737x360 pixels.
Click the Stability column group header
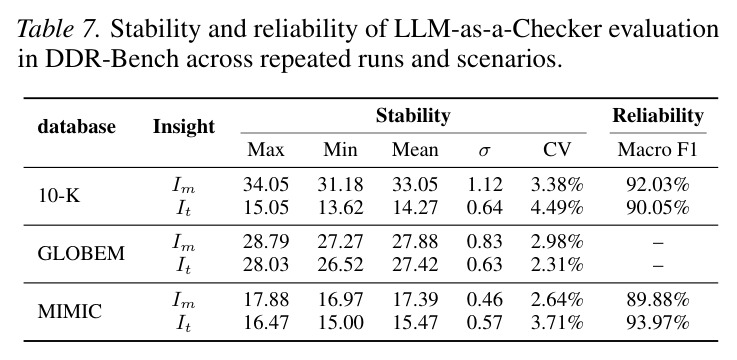pyautogui.click(x=413, y=116)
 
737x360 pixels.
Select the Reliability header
pyautogui.click(x=658, y=116)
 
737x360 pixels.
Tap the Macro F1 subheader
pyautogui.click(x=658, y=149)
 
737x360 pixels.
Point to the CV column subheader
pyautogui.click(x=557, y=149)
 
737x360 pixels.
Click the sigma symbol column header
pyautogui.click(x=484, y=151)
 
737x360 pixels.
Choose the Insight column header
pyautogui.click(x=184, y=127)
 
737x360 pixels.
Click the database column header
pyautogui.click(x=77, y=127)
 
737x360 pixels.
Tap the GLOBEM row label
pyautogui.click(x=81, y=254)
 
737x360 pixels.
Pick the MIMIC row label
pyautogui.click(x=70, y=312)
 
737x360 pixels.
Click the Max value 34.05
pyautogui.click(x=266, y=185)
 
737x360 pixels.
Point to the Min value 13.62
pyautogui.click(x=340, y=207)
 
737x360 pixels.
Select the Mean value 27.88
pyautogui.click(x=415, y=243)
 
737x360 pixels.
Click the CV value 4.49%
pyautogui.click(x=557, y=207)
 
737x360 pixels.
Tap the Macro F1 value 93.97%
pyautogui.click(x=658, y=323)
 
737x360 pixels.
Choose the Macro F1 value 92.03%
pyautogui.click(x=658, y=185)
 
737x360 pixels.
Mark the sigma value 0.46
pyautogui.click(x=485, y=300)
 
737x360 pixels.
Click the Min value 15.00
pyautogui.click(x=340, y=323)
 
